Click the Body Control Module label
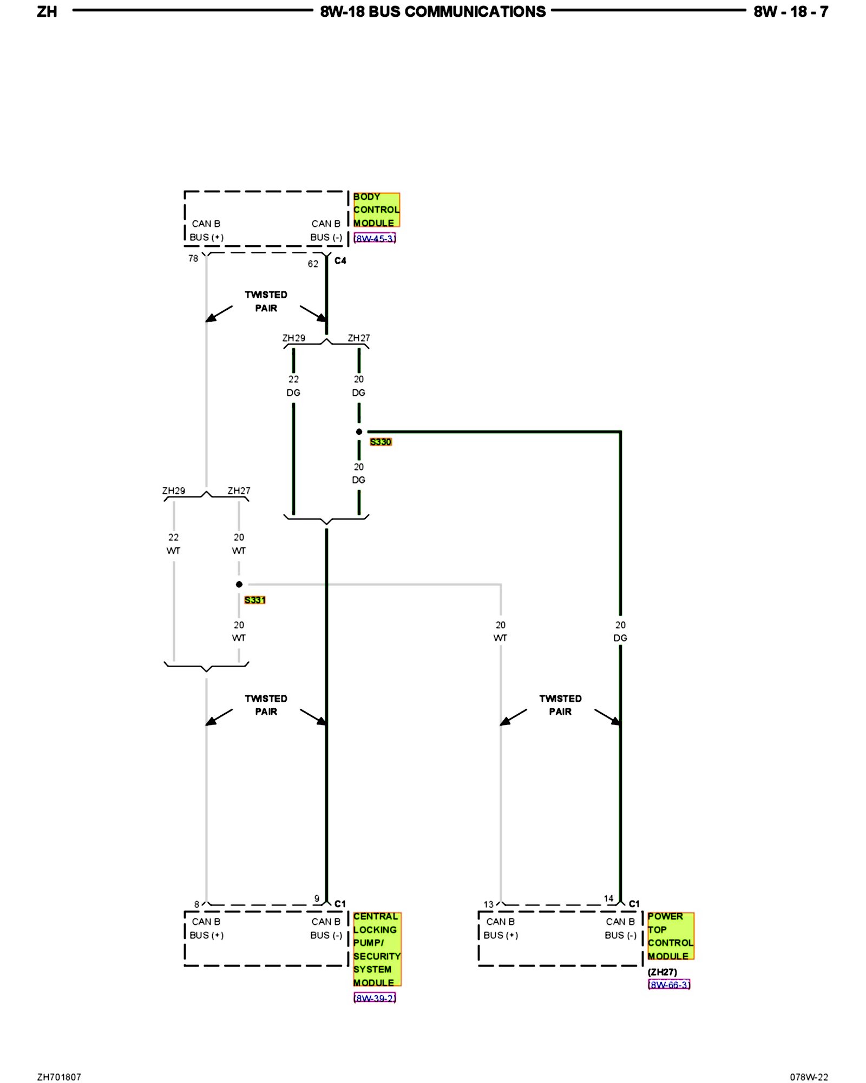[x=376, y=210]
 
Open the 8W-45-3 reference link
[x=375, y=238]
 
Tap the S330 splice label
[x=380, y=442]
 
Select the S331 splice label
[x=255, y=600]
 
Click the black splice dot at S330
[x=359, y=432]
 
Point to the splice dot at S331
[x=239, y=584]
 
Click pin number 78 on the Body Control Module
[x=193, y=259]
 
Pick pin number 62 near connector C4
[x=313, y=264]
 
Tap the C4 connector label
[x=340, y=261]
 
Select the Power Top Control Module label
[x=670, y=936]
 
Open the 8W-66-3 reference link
[x=669, y=984]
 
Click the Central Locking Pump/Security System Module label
[x=377, y=949]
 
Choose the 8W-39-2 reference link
[x=375, y=997]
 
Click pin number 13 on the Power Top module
[x=488, y=904]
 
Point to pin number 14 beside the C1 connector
[x=608, y=899]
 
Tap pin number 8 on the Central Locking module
[x=196, y=904]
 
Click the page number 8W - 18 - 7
[x=791, y=12]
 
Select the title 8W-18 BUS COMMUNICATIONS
[x=433, y=12]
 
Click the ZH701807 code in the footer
[x=59, y=1077]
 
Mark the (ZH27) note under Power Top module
[x=662, y=972]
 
